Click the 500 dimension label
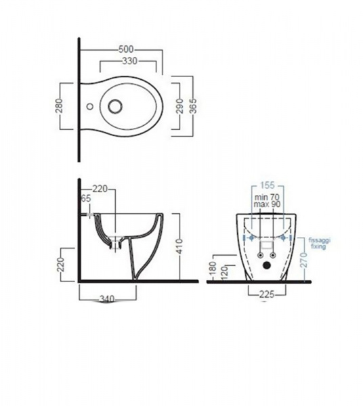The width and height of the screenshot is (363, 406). pyautogui.click(x=126, y=49)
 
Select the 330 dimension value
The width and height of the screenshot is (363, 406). pyautogui.click(x=130, y=61)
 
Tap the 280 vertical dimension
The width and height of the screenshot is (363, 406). pyautogui.click(x=60, y=106)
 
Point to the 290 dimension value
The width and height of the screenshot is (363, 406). pyautogui.click(x=180, y=106)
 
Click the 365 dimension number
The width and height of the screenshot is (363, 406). pyautogui.click(x=193, y=106)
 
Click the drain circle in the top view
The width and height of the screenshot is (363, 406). pyautogui.click(x=115, y=106)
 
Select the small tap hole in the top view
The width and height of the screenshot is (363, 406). pyautogui.click(x=90, y=106)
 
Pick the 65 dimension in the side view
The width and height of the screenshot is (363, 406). pyautogui.click(x=86, y=198)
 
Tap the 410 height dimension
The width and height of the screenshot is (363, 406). pyautogui.click(x=179, y=246)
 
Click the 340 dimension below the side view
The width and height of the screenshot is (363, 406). pyautogui.click(x=107, y=299)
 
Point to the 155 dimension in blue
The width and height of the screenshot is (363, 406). pyautogui.click(x=267, y=185)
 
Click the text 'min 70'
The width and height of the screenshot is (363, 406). pyautogui.click(x=267, y=198)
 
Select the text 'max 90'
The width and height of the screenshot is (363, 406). pyautogui.click(x=267, y=204)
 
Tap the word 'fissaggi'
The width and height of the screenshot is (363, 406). pyautogui.click(x=320, y=240)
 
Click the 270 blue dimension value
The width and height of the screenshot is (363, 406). pyautogui.click(x=304, y=261)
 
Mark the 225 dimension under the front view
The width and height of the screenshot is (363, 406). pyautogui.click(x=267, y=294)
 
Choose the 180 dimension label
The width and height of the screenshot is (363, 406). pyautogui.click(x=213, y=268)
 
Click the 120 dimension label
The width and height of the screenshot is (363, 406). pyautogui.click(x=224, y=273)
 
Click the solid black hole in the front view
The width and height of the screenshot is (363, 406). pyautogui.click(x=266, y=265)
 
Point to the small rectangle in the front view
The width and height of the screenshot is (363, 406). pyautogui.click(x=267, y=245)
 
